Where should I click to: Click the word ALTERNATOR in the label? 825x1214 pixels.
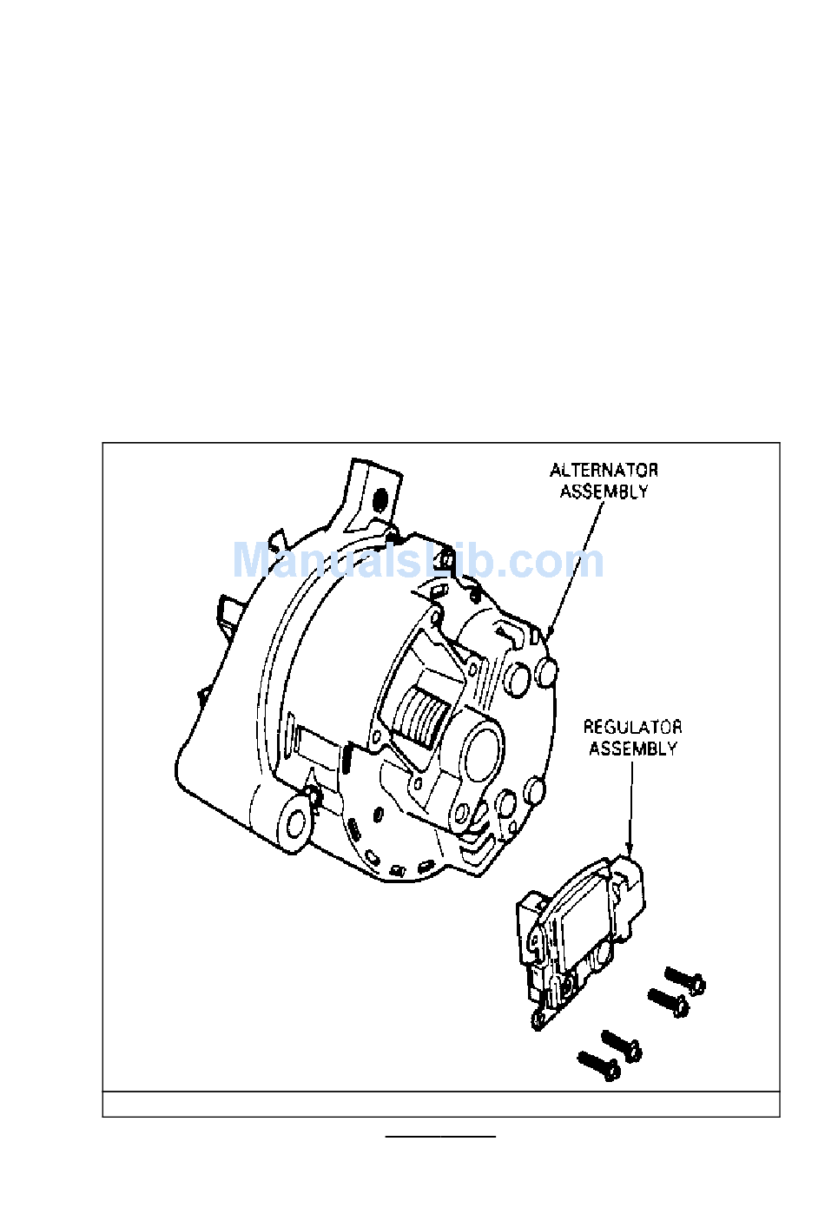pos(604,470)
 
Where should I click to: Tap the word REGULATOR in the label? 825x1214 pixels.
pos(632,727)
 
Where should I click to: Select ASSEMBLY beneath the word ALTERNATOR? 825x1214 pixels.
pos(604,492)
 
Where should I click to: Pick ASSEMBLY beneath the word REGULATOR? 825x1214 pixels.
pos(633,749)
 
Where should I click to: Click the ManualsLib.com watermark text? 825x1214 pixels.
pos(419,562)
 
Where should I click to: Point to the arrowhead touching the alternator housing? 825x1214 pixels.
pos(550,630)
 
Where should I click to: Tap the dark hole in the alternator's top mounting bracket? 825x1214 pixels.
pos(380,498)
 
